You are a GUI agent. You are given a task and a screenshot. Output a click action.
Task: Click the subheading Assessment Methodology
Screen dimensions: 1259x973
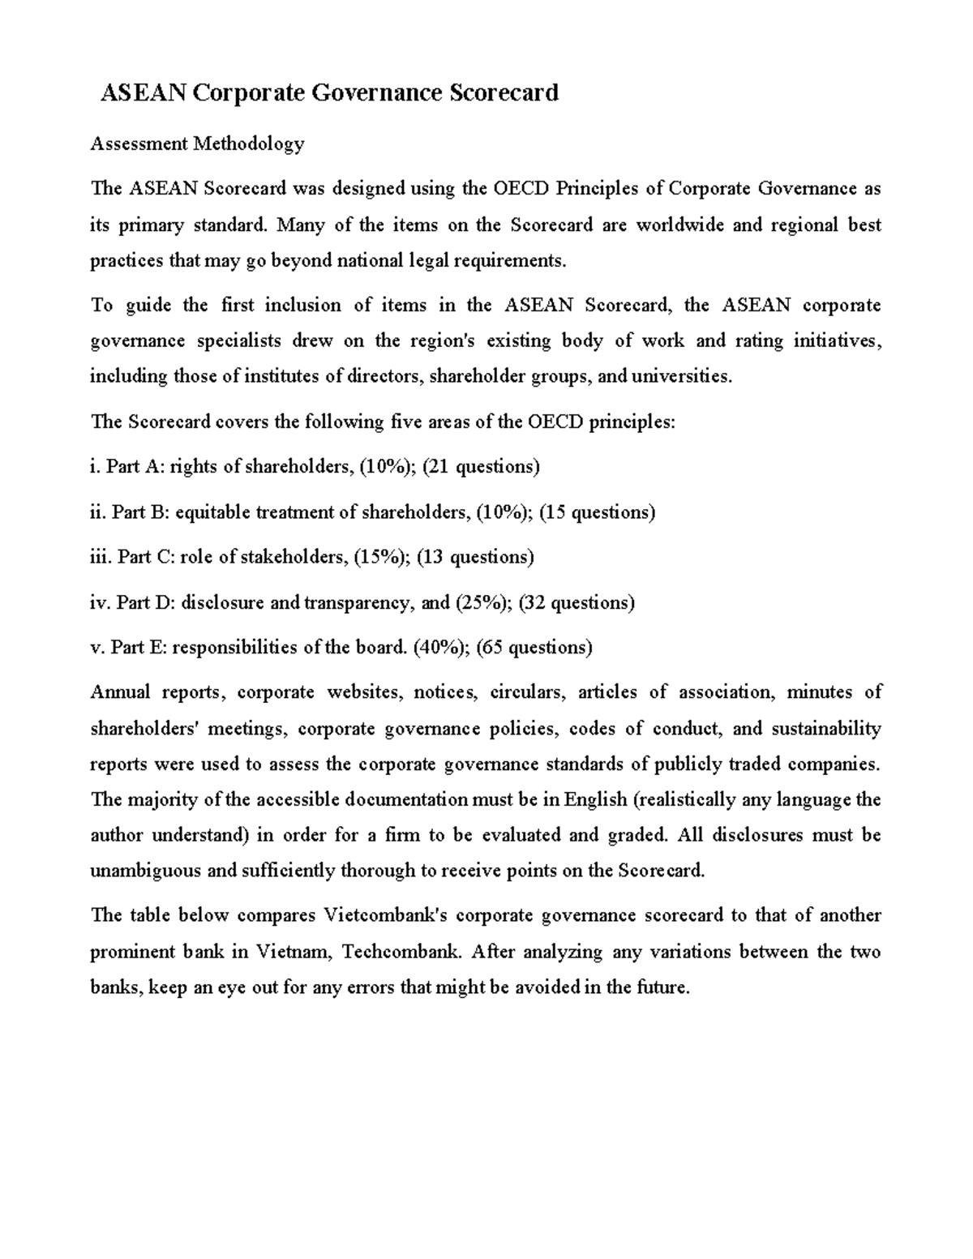(197, 144)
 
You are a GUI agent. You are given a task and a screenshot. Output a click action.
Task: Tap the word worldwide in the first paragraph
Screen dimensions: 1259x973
(679, 225)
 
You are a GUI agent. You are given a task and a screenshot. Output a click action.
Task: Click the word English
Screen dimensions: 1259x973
(596, 799)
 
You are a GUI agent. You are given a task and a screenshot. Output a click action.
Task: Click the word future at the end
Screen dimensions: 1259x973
(662, 987)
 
